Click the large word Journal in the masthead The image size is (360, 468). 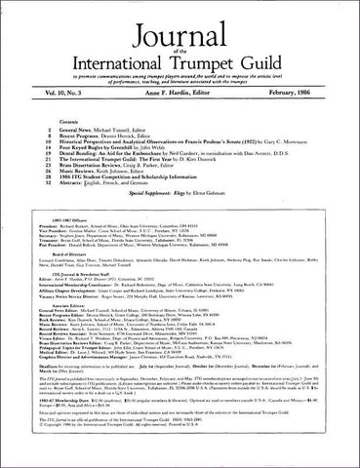point(180,24)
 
